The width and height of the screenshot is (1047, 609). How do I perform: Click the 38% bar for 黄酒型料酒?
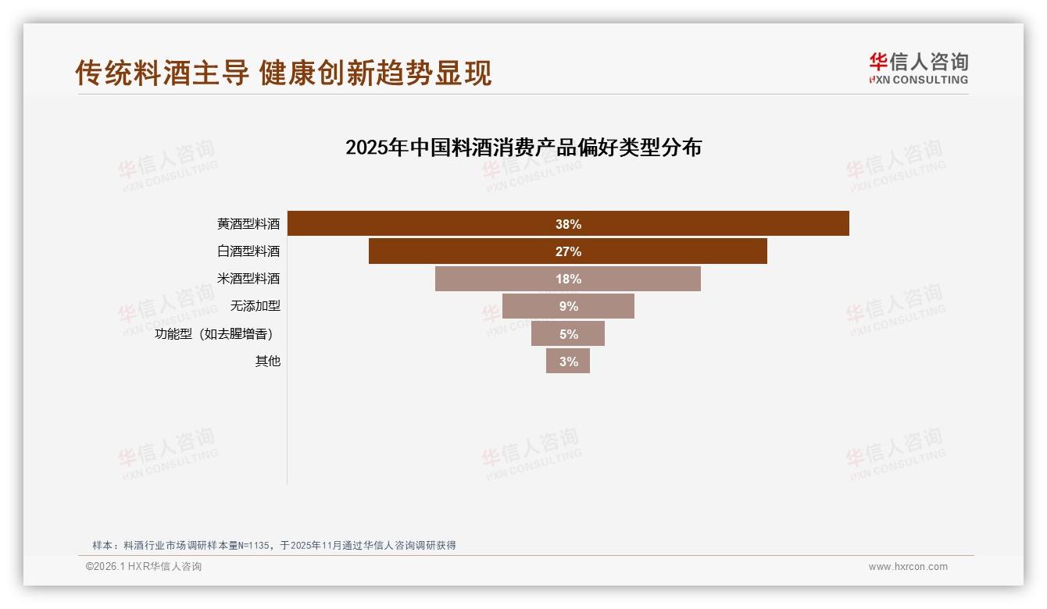pyautogui.click(x=703, y=223)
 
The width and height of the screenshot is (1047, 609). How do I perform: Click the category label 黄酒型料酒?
pyautogui.click(x=248, y=224)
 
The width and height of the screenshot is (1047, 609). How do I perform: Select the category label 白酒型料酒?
pyautogui.click(x=248, y=251)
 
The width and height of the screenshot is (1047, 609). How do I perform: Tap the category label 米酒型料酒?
pyautogui.click(x=248, y=279)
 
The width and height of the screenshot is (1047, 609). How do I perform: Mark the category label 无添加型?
pyautogui.click(x=255, y=306)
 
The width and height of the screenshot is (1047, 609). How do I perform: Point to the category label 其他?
pyautogui.click(x=267, y=361)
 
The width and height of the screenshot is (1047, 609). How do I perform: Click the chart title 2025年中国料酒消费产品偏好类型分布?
pyautogui.click(x=523, y=148)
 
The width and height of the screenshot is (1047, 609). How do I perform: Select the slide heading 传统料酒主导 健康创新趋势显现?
pyautogui.click(x=284, y=73)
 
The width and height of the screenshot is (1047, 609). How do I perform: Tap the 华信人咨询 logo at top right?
pyautogui.click(x=918, y=68)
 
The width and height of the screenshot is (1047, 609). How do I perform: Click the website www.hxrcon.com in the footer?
pyautogui.click(x=908, y=567)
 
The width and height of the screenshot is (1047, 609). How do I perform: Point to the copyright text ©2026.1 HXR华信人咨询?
pyautogui.click(x=144, y=567)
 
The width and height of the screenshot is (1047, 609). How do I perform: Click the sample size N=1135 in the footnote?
pyautogui.click(x=252, y=546)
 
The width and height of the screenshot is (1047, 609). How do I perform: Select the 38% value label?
pyautogui.click(x=568, y=224)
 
